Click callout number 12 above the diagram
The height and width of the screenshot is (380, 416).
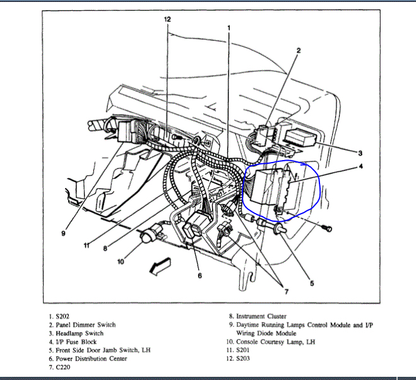(167, 20)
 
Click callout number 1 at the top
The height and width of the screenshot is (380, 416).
(228, 27)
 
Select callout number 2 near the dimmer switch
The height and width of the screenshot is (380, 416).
(299, 50)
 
